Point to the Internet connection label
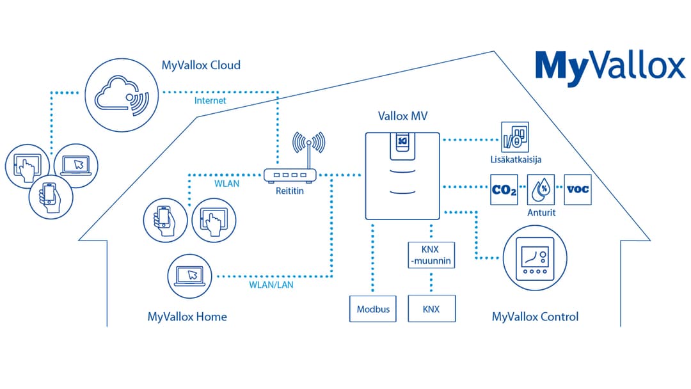pyautogui.click(x=210, y=100)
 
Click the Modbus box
pyautogui.click(x=373, y=309)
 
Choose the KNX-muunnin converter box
pyautogui.click(x=431, y=254)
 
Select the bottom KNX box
pyautogui.click(x=431, y=309)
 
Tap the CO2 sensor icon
pyautogui.click(x=504, y=189)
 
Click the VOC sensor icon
pyautogui.click(x=578, y=189)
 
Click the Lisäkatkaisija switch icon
pyautogui.click(x=515, y=137)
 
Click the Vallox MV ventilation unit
pyautogui.click(x=402, y=176)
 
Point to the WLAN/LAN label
pyautogui.click(x=271, y=285)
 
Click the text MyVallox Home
pyautogui.click(x=187, y=317)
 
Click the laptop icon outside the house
pyautogui.click(x=75, y=164)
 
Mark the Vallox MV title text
pyautogui.click(x=402, y=116)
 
